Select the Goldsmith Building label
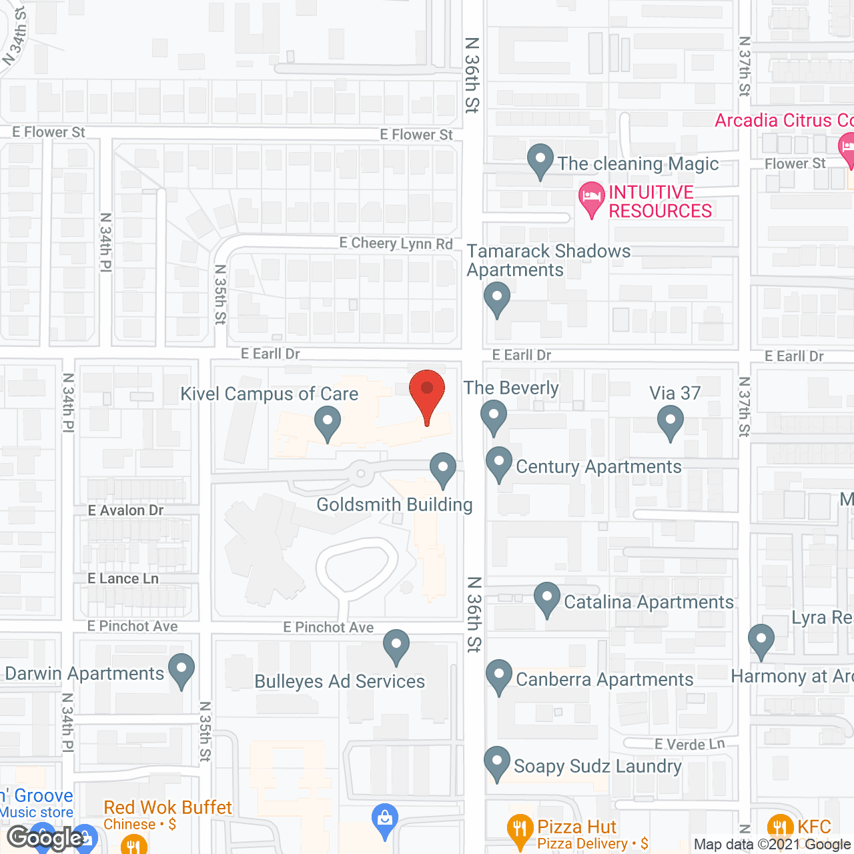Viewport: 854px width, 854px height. (x=394, y=504)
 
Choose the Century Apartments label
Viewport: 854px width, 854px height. (x=598, y=466)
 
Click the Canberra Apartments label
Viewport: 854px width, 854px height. (x=604, y=679)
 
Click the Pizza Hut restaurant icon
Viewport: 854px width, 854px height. (x=519, y=829)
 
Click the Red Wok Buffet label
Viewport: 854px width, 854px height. (x=167, y=807)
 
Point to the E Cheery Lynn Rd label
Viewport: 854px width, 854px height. (x=396, y=244)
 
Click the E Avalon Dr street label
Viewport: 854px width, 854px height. (x=125, y=510)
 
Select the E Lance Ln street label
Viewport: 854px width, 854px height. (x=123, y=578)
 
